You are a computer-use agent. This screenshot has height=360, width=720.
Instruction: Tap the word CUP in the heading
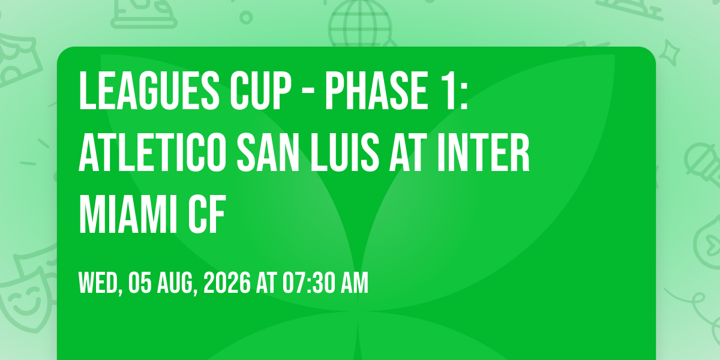[x=260, y=91]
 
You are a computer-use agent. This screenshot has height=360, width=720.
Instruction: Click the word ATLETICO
[x=152, y=152]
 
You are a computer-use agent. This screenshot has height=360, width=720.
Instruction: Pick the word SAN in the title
[x=268, y=152]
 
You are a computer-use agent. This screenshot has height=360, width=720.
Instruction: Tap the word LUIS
[x=345, y=152]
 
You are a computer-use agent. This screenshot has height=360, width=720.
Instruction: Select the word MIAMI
[x=128, y=214]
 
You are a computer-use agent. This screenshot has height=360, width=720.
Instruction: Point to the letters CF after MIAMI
[x=207, y=214]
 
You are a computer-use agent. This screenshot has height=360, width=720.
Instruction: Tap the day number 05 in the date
[x=140, y=283]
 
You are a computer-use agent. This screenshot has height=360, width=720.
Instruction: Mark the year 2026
[x=227, y=283]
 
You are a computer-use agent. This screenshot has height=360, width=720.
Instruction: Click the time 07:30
[x=308, y=283]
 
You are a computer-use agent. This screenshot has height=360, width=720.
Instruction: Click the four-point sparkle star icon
[x=669, y=53]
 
